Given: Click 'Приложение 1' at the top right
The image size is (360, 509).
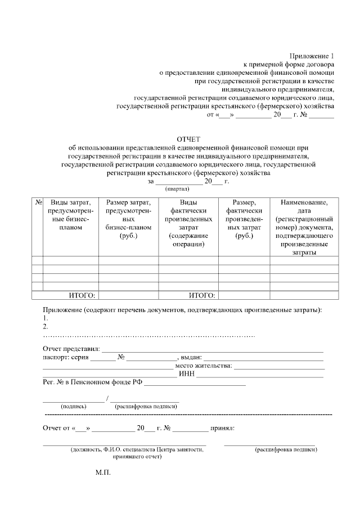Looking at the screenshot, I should pyautogui.click(x=312, y=56).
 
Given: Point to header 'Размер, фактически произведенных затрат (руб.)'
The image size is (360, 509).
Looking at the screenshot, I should pyautogui.click(x=244, y=219).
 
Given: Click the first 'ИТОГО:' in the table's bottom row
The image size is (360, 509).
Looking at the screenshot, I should pyautogui.click(x=82, y=295).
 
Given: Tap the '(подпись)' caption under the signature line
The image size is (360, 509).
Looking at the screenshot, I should pyautogui.click(x=74, y=406).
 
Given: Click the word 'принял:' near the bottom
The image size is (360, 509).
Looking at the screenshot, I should pyautogui.click(x=222, y=427).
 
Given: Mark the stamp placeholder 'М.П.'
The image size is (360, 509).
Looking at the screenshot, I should pyautogui.click(x=103, y=473).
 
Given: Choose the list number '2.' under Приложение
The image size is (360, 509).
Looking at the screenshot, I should pyautogui.click(x=46, y=326).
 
